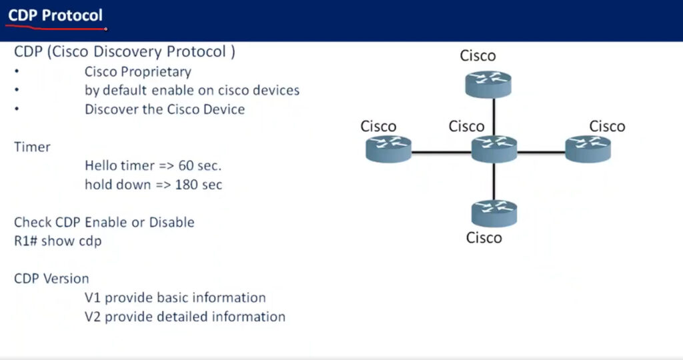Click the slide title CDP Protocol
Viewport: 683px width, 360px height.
(55, 16)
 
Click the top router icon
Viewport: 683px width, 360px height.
(488, 84)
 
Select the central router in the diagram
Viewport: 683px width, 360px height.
(494, 149)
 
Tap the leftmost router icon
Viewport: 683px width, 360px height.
(388, 149)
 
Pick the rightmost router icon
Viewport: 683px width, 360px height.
(588, 149)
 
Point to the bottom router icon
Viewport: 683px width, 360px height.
(494, 213)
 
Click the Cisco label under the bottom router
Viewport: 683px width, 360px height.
(484, 238)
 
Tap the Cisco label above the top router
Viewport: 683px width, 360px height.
(478, 56)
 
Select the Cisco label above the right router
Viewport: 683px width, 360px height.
(607, 126)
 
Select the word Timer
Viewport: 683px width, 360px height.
(32, 147)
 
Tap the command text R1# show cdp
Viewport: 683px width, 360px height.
(58, 241)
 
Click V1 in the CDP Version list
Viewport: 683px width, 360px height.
(93, 298)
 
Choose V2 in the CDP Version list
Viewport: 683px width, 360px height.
(93, 317)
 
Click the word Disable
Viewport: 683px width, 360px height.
(171, 222)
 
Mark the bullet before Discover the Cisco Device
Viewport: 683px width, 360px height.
(17, 109)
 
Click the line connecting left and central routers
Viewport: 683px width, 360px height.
(442, 153)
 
